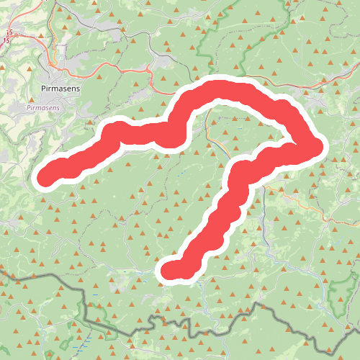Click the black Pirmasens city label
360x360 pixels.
tap(60, 88)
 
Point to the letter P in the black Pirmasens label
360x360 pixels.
tap(45, 88)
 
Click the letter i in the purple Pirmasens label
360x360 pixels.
tap(30, 108)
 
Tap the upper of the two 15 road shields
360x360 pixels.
tap(9, 32)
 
